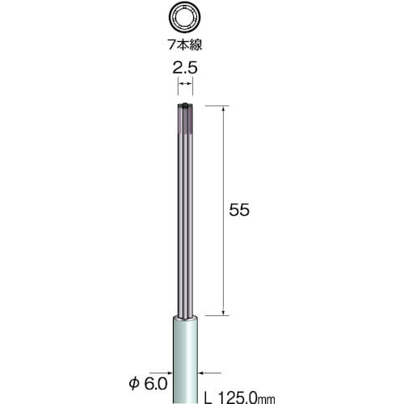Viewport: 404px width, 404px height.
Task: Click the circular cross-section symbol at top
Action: (x=185, y=18)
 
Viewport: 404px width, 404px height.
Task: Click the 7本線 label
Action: (x=185, y=44)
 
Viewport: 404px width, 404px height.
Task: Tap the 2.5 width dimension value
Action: (x=185, y=68)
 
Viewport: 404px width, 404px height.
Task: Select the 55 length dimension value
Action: (x=239, y=210)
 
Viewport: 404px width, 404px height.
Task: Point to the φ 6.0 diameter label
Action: (x=148, y=384)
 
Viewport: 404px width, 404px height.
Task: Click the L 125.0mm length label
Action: (x=240, y=398)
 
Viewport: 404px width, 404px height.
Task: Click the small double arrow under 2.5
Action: (x=185, y=84)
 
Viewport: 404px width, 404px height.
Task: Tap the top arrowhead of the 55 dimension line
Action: (x=223, y=108)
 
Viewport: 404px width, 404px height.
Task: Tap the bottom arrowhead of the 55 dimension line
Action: (x=223, y=313)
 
